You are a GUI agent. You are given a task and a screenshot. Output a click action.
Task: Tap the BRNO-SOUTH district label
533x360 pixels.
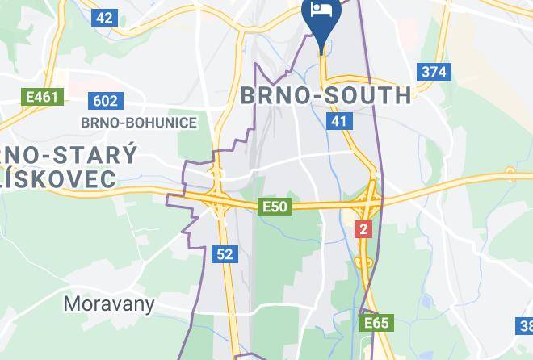pyautogui.click(x=326, y=95)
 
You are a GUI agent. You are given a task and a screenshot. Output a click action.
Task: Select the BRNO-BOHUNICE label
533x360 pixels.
pyautogui.click(x=139, y=123)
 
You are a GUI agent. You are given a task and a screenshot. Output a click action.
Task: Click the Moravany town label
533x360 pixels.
pyautogui.click(x=109, y=304)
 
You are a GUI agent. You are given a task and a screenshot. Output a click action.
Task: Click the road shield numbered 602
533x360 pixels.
pyautogui.click(x=105, y=101)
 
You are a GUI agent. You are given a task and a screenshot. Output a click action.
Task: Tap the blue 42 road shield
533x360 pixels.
pyautogui.click(x=105, y=17)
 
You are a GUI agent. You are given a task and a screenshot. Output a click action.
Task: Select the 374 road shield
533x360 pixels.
pyautogui.click(x=433, y=72)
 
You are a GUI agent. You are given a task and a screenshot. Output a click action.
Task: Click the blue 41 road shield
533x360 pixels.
pyautogui.click(x=338, y=121)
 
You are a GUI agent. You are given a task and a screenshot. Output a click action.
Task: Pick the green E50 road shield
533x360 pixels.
pyautogui.click(x=275, y=207)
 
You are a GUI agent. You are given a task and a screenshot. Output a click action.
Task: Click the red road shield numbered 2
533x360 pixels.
pyautogui.click(x=363, y=229)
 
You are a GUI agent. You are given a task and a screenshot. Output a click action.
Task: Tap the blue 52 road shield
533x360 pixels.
pyautogui.click(x=225, y=254)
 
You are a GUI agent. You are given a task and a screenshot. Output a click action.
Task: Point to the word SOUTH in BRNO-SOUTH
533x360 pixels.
pyautogui.click(x=368, y=95)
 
